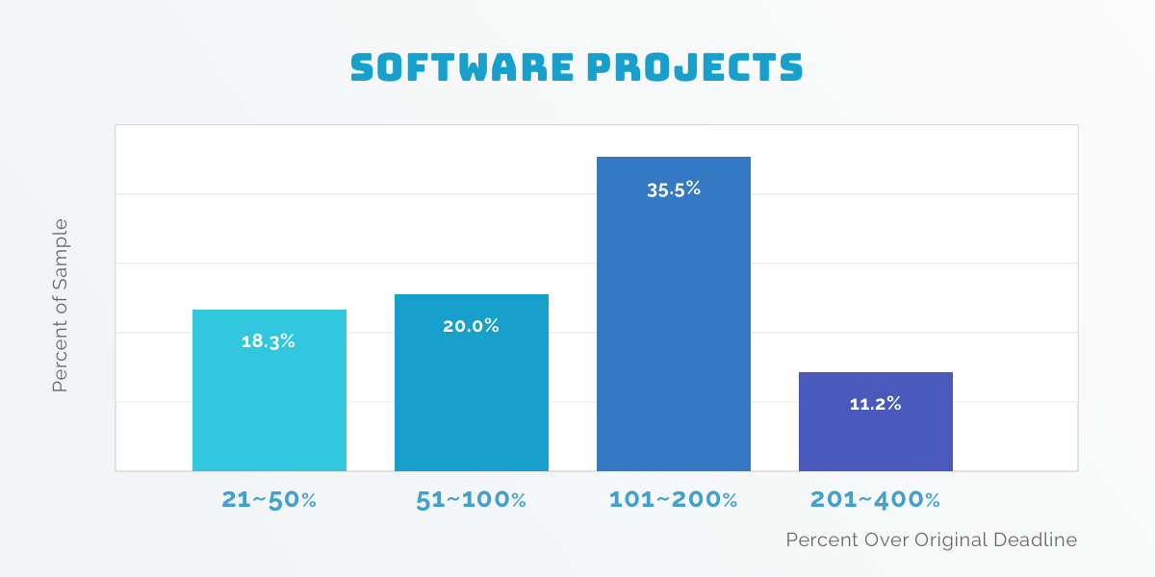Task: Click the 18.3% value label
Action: point(269,341)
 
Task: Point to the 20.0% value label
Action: point(471,326)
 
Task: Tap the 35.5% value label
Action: point(674,189)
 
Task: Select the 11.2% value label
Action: point(875,404)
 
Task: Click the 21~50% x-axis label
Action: point(269,500)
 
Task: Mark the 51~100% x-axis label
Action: point(471,500)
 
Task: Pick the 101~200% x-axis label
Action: point(673,500)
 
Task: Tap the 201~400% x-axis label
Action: point(875,500)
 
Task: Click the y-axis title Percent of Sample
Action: point(61,305)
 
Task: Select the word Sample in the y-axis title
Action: point(61,249)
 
